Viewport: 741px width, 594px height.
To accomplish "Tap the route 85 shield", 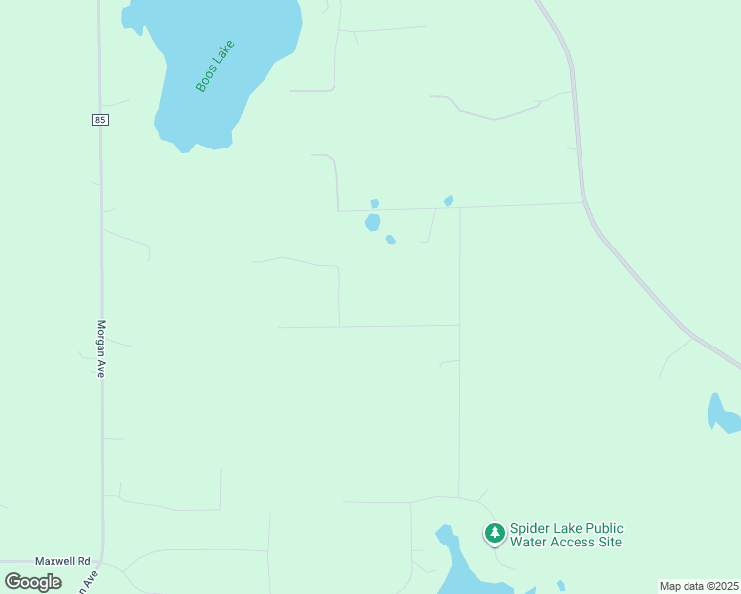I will [100, 120].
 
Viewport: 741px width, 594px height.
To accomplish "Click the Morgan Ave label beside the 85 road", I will [100, 348].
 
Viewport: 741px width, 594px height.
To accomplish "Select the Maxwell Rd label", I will [62, 560].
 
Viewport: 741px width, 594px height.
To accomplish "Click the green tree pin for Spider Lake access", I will [494, 534].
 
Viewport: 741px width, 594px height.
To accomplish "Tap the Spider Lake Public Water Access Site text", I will [567, 535].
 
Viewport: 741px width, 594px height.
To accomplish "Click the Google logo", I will [34, 582].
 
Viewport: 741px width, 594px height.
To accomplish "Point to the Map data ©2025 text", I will [697, 586].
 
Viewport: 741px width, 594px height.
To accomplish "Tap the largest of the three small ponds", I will [372, 222].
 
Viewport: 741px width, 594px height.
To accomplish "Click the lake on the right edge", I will [723, 414].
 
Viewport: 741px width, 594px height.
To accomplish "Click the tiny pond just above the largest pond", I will [375, 203].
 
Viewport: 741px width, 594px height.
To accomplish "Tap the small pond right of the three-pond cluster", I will [449, 201].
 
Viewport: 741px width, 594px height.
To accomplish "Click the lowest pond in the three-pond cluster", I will [391, 239].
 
